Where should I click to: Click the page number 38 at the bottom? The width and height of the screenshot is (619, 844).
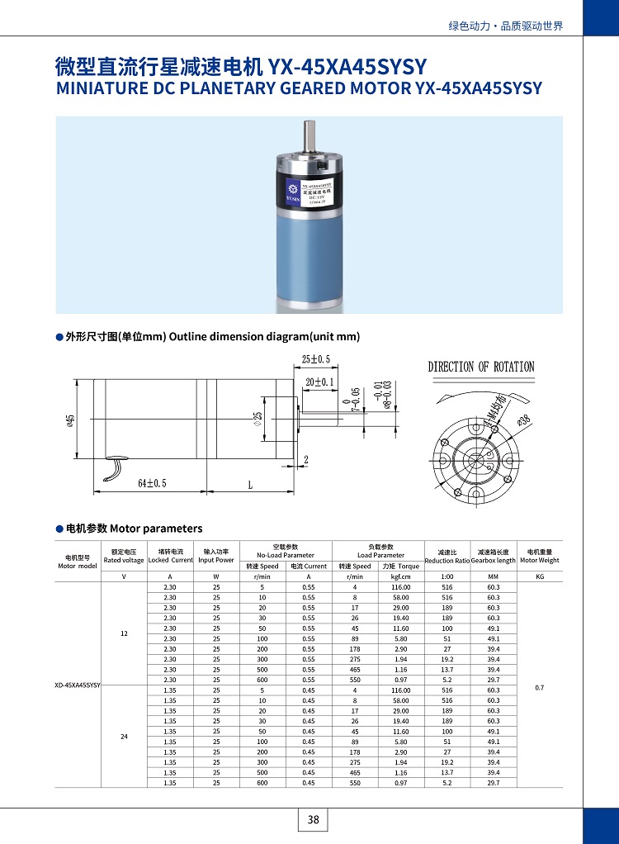313,820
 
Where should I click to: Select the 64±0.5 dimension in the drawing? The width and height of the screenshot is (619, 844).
152,484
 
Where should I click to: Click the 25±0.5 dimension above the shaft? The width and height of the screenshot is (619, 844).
315,359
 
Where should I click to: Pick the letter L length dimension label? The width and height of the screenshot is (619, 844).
249,485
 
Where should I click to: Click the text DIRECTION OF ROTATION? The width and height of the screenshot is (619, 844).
480,367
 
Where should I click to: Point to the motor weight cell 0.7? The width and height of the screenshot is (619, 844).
540,687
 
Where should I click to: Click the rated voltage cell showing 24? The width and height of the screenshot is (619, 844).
124,736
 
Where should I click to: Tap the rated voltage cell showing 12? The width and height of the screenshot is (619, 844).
124,633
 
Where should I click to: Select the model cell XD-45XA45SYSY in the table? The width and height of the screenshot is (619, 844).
78,685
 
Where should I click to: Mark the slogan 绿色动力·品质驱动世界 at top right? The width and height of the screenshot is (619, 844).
505,26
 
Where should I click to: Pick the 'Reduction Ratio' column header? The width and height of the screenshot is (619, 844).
447,561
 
